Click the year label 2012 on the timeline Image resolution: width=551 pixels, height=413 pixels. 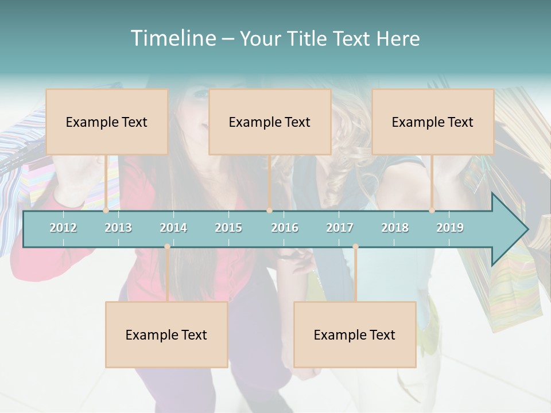click(63, 228)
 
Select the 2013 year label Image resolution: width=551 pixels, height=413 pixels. click(118, 228)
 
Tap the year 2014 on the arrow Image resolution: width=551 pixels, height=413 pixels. click(173, 228)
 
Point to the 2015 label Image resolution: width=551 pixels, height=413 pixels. click(228, 228)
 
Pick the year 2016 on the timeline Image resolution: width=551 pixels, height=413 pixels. click(285, 228)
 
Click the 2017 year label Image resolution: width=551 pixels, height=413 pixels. click(340, 228)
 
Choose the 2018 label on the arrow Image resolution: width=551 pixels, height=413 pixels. click(395, 228)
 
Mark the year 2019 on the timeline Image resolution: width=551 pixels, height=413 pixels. click(450, 228)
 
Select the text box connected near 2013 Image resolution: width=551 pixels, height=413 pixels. click(107, 122)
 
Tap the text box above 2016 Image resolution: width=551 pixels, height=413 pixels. click(270, 122)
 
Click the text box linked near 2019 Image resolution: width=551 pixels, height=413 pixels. click(433, 122)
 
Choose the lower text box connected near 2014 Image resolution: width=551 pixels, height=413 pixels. click(166, 334)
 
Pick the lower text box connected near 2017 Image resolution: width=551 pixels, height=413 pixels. click(355, 334)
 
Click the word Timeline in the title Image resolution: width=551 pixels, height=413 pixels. click(172, 38)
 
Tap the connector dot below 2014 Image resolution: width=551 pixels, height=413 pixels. click(167, 247)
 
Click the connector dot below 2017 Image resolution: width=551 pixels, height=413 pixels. click(355, 247)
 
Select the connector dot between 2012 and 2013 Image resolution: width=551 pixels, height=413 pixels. click(106, 211)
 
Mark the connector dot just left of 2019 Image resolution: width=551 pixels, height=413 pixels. click(432, 211)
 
